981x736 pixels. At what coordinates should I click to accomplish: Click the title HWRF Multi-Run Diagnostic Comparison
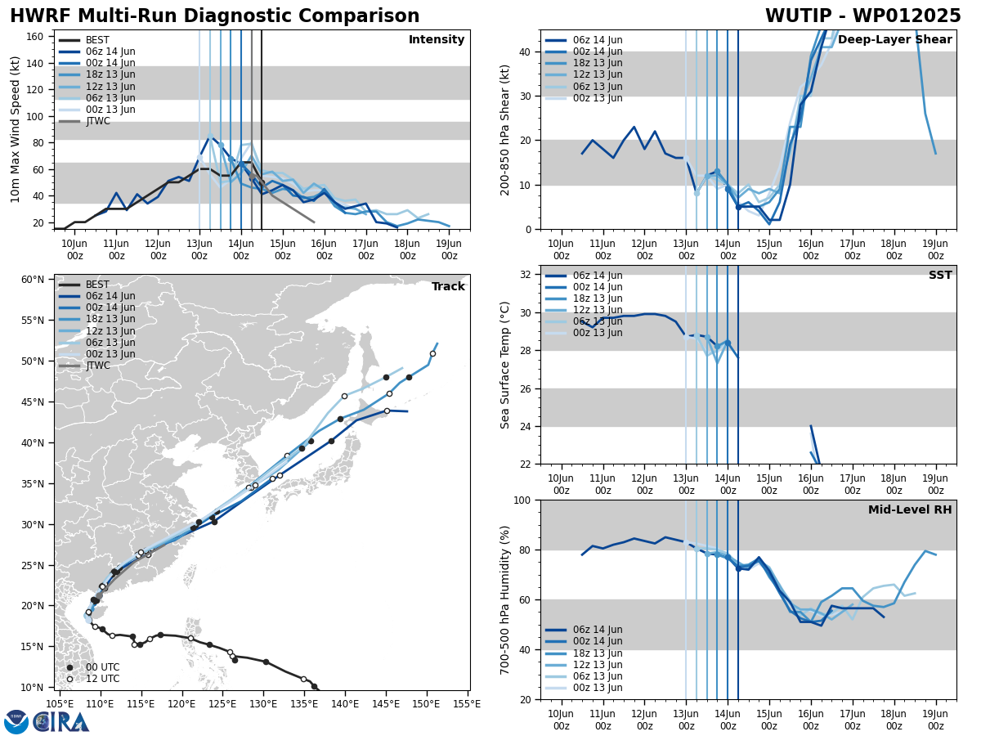(214, 16)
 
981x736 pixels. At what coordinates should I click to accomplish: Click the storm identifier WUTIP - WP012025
(862, 16)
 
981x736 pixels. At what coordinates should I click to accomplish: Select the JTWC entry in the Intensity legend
(97, 121)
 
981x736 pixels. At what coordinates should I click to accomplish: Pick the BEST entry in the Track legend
(97, 285)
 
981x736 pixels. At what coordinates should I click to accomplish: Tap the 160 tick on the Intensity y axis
(37, 36)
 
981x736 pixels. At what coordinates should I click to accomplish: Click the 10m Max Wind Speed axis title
(16, 129)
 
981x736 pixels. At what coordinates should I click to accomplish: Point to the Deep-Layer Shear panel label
(894, 40)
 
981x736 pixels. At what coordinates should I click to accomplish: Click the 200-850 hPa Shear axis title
(506, 129)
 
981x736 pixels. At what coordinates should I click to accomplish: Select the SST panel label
(940, 276)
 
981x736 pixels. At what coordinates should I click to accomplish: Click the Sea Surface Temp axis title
(506, 365)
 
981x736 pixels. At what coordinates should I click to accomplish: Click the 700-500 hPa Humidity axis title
(506, 599)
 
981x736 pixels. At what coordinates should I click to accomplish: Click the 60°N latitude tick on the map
(33, 280)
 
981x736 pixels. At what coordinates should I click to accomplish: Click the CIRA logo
(47, 721)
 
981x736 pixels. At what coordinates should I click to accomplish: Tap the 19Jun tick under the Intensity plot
(449, 249)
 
